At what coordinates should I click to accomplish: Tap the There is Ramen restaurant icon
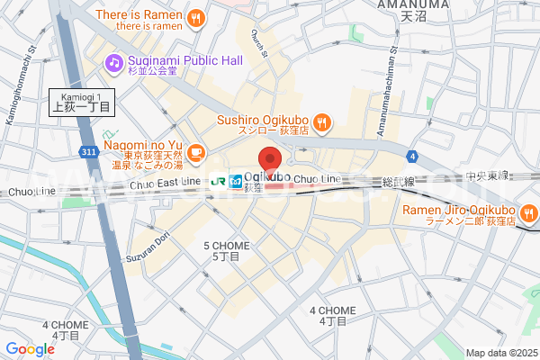pyautogui.click(x=196, y=18)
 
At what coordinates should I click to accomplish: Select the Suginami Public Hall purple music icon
pyautogui.click(x=113, y=62)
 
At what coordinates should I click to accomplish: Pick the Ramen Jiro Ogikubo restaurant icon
pyautogui.click(x=528, y=213)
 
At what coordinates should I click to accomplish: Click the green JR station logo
pyautogui.click(x=218, y=181)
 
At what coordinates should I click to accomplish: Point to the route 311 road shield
pyautogui.click(x=87, y=154)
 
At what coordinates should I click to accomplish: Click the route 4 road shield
pyautogui.click(x=411, y=156)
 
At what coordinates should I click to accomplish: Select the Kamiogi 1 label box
pyautogui.click(x=80, y=102)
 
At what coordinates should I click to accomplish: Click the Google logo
pyautogui.click(x=30, y=349)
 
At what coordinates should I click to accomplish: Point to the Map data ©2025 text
pyautogui.click(x=500, y=352)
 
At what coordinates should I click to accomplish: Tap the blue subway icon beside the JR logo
pyautogui.click(x=235, y=181)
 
